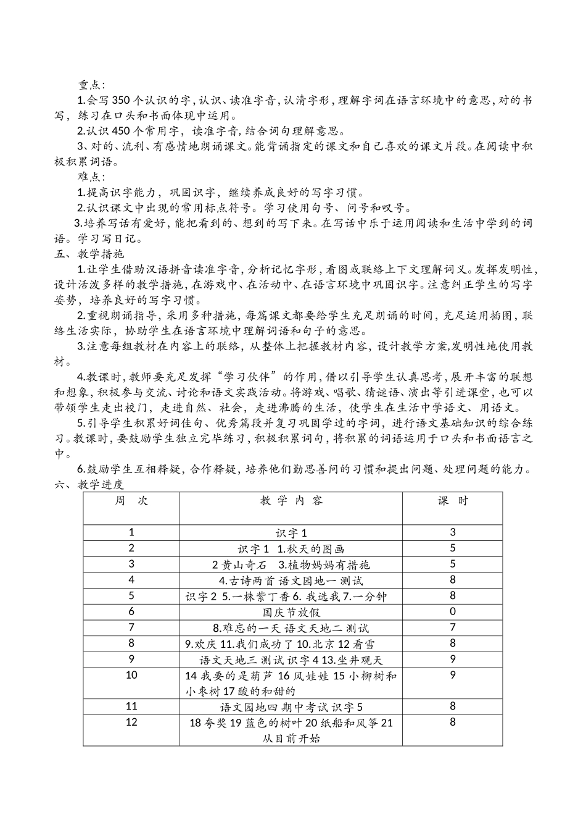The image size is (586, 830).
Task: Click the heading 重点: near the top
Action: pyautogui.click(x=91, y=84)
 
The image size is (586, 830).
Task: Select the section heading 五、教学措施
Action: pyautogui.click(x=89, y=254)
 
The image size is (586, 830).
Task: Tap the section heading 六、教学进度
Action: pyautogui.click(x=89, y=485)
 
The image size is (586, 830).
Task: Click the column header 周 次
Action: pyautogui.click(x=131, y=501)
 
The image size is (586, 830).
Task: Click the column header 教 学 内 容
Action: pyautogui.click(x=291, y=501)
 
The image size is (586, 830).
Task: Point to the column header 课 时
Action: pyautogui.click(x=453, y=501)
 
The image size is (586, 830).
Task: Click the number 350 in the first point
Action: pyautogui.click(x=127, y=100)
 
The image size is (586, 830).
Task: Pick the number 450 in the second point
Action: pyautogui.click(x=127, y=131)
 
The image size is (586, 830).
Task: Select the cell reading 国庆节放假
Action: pyautogui.click(x=291, y=612)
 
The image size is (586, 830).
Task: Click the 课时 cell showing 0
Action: pyautogui.click(x=453, y=611)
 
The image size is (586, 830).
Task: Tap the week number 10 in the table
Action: pyautogui.click(x=131, y=675)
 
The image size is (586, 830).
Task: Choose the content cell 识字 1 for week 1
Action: pyautogui.click(x=291, y=533)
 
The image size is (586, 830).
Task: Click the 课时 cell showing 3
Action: pyautogui.click(x=453, y=532)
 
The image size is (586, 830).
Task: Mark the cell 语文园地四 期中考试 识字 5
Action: pyautogui.click(x=291, y=706)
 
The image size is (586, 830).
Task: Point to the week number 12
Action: pyautogui.click(x=131, y=722)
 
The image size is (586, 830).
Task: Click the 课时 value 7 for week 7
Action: pyautogui.click(x=453, y=627)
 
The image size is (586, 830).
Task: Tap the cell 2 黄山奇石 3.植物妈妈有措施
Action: pyautogui.click(x=291, y=564)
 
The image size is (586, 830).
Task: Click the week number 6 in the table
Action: pyautogui.click(x=131, y=611)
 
